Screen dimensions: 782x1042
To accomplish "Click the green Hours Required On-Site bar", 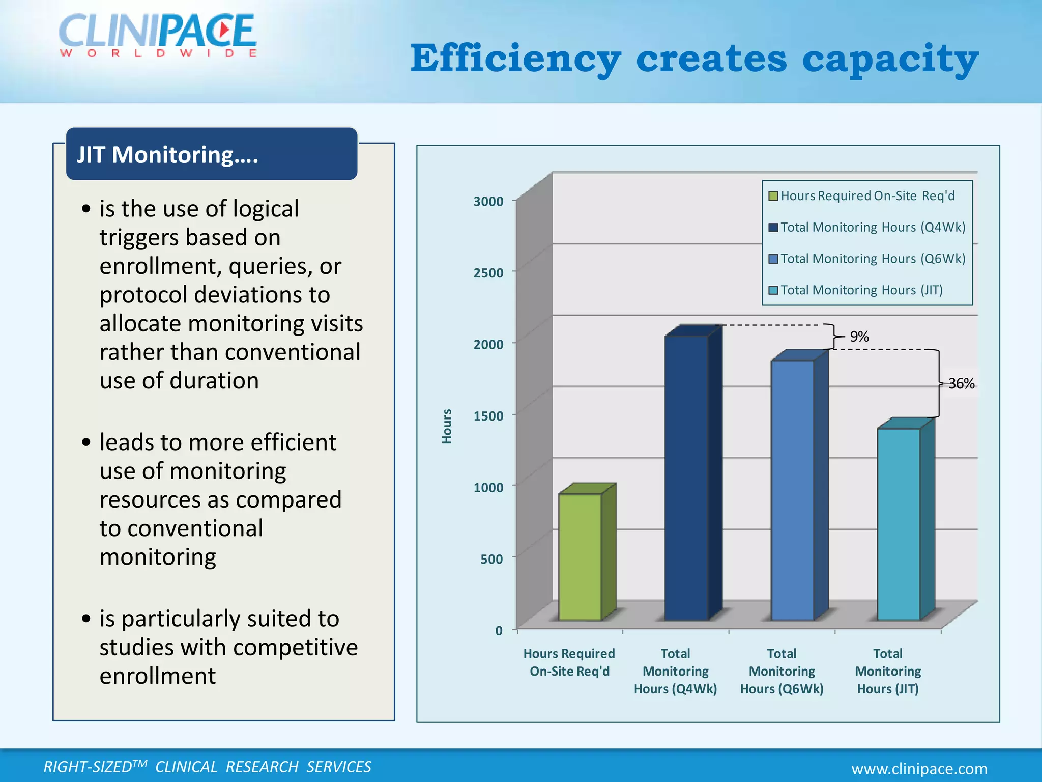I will (581, 557).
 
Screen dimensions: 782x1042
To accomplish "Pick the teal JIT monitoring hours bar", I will (899, 524).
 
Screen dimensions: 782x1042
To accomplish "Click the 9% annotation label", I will (859, 337).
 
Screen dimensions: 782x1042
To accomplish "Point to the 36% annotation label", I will (961, 383).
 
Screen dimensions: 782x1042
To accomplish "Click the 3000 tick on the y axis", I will (488, 202).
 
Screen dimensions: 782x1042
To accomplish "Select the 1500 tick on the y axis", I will (488, 416).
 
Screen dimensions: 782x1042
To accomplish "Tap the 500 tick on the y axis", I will (491, 559).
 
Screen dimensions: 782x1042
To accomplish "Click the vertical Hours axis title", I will (447, 426).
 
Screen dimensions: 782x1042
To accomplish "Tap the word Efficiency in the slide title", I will (515, 59).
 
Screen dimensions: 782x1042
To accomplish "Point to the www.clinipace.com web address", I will (919, 768).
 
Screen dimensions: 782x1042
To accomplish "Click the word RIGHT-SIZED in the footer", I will (88, 767).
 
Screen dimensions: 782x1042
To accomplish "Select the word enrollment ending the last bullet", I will (158, 676).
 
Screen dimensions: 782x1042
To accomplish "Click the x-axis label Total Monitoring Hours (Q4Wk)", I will (675, 671).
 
